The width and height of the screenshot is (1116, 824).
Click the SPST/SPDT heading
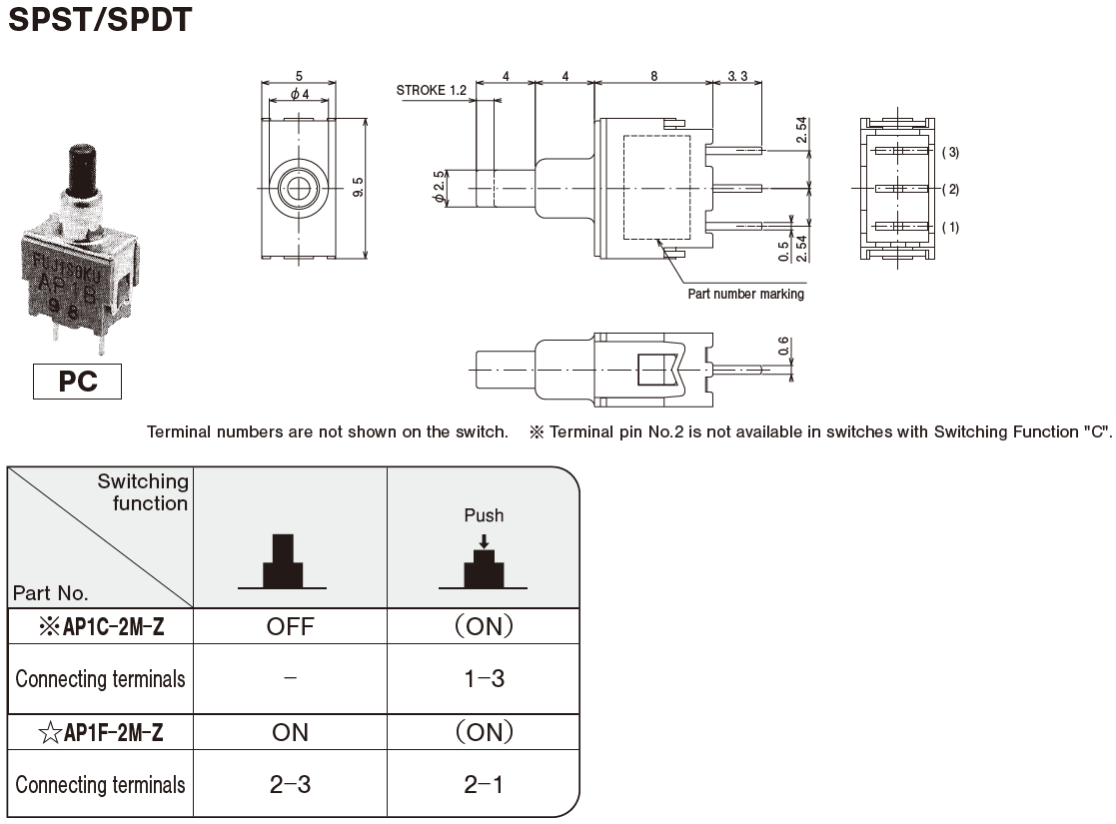point(100,19)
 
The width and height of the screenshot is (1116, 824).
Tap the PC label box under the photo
point(78,382)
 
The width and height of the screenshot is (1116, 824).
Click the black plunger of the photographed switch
point(82,170)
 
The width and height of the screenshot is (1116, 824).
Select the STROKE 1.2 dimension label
point(432,90)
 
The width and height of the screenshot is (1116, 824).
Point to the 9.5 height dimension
point(358,188)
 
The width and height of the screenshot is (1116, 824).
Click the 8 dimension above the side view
point(654,76)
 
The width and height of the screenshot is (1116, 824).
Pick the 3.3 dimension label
point(738,76)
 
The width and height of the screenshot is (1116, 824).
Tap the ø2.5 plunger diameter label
point(440,188)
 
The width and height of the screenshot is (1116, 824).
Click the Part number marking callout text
point(746,294)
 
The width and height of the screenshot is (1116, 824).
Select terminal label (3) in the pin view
point(950,152)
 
